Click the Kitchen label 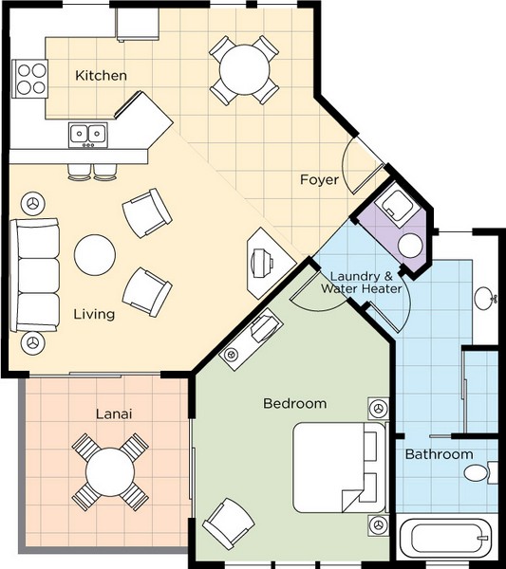point(101,76)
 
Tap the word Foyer point(319,179)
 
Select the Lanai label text point(114,413)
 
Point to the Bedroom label point(295,403)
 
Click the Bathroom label point(439,454)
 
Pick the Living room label point(94,314)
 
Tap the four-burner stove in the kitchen point(30,79)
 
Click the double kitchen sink point(88,135)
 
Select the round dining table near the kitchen point(245,70)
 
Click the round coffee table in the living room point(95,255)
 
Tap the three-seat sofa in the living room point(34,275)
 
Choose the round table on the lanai point(110,471)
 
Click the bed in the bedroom point(341,468)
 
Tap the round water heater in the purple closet point(410,246)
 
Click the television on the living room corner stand point(262,263)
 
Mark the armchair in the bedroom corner point(229,523)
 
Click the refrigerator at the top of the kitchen point(138,25)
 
